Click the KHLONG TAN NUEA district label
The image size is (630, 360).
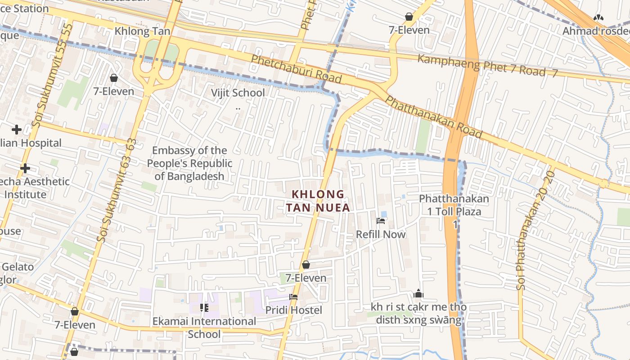coord(318,201)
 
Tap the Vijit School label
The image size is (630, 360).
coord(238,93)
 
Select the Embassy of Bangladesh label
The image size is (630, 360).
coord(189,163)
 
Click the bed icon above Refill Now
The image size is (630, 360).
coord(381,220)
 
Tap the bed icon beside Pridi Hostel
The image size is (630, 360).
coord(293,297)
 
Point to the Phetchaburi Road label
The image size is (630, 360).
coord(296,69)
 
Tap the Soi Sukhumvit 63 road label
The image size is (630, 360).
coord(116,191)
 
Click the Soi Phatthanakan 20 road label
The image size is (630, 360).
coord(535,230)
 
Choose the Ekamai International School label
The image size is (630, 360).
coord(204,327)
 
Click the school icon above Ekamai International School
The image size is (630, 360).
coord(204,308)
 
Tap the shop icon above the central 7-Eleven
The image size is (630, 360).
coord(306,265)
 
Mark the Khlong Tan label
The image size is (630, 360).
coord(142,31)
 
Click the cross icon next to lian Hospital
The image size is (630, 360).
coord(17,130)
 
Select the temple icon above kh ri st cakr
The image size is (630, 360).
coord(418,294)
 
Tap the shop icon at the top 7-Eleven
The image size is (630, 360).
coord(409,17)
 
